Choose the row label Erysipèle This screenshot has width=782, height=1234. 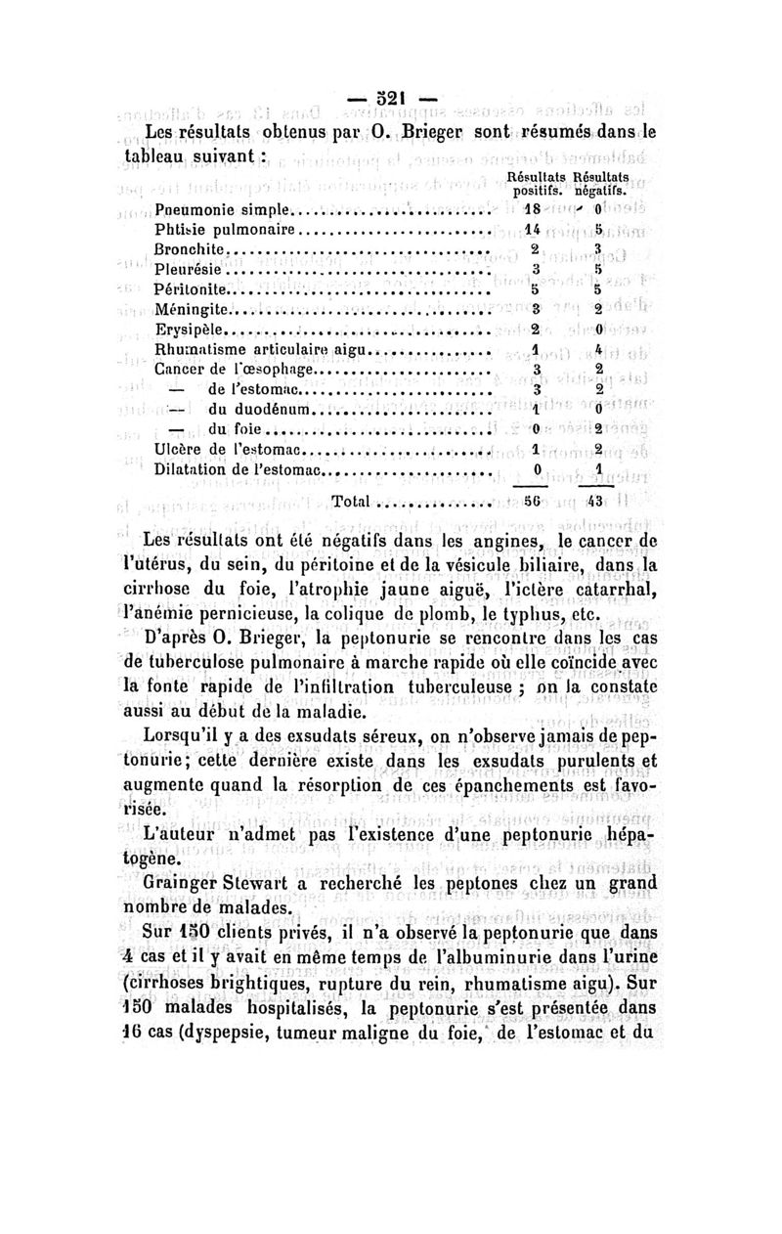point(190,330)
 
